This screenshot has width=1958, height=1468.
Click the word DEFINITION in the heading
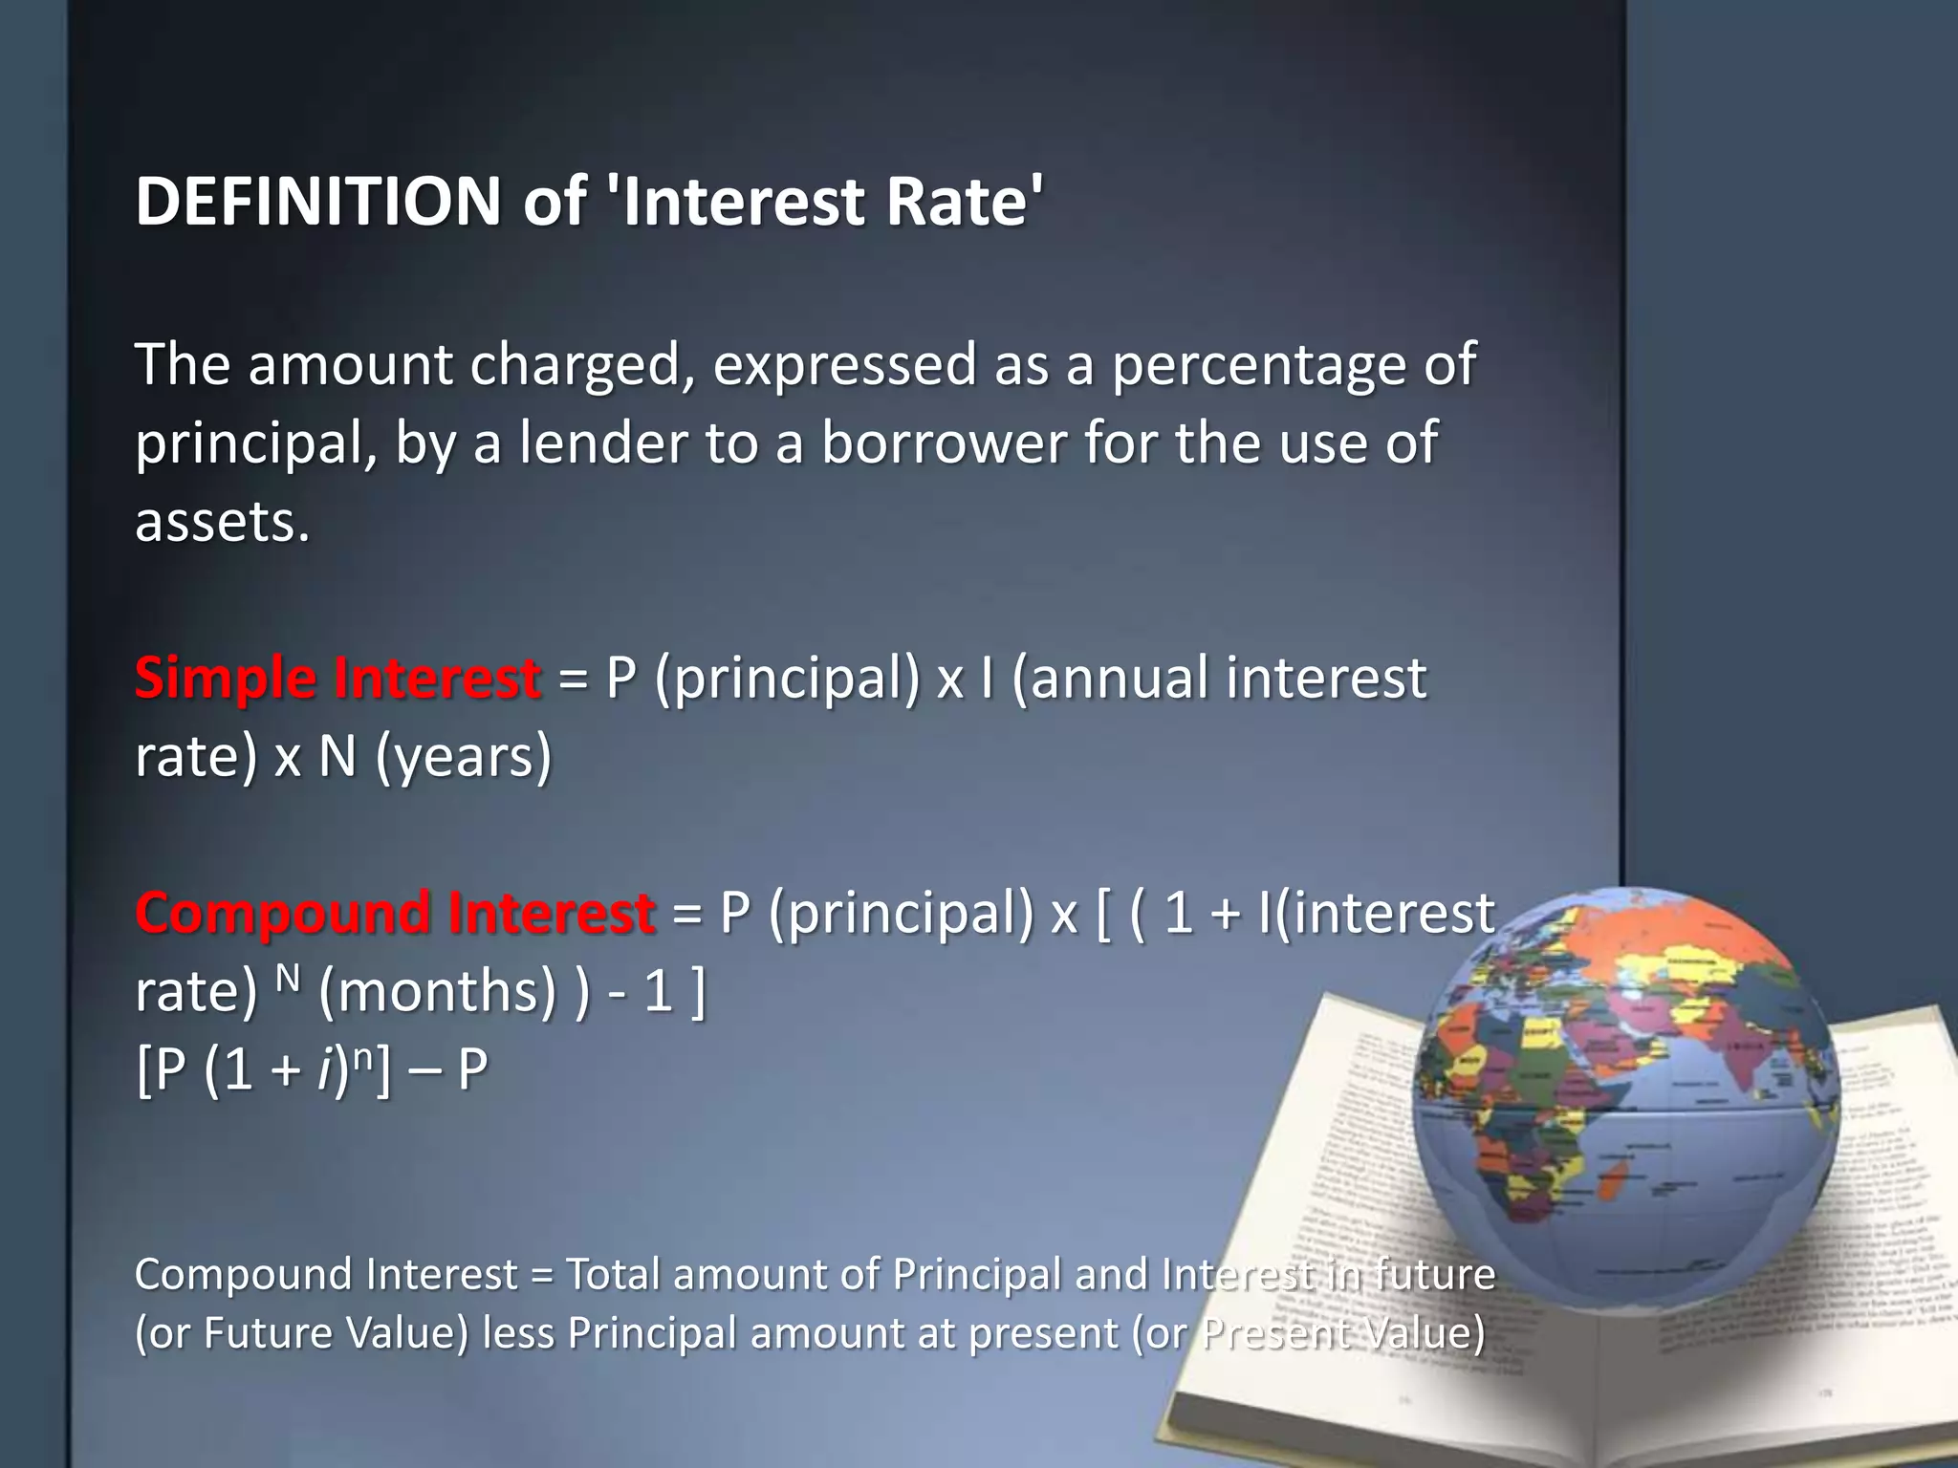pyautogui.click(x=318, y=202)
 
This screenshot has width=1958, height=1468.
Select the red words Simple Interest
pyautogui.click(x=337, y=678)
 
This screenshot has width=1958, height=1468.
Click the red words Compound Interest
pyautogui.click(x=395, y=912)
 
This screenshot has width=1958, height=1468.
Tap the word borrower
pyautogui.click(x=943, y=443)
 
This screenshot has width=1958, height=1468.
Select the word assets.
pyautogui.click(x=222, y=522)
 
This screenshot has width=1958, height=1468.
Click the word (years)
pyautogui.click(x=464, y=757)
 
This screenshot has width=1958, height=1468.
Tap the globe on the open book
pyautogui.click(x=1625, y=1099)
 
